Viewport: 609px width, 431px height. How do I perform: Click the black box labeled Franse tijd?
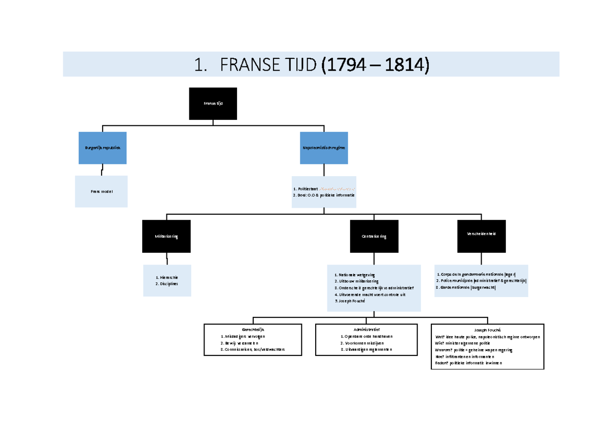coord(213,104)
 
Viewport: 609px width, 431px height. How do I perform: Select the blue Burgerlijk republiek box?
coord(103,148)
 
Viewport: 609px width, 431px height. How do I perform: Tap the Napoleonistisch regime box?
coord(324,148)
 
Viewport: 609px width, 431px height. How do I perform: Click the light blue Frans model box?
coord(101,191)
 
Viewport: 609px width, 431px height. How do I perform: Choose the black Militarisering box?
coord(166,237)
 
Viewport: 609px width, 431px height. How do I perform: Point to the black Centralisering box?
coord(374,237)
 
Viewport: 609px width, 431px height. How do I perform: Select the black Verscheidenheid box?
coord(481,234)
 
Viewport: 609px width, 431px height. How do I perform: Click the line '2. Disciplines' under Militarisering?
coord(166,284)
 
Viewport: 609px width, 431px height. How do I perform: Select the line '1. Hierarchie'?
coord(167,278)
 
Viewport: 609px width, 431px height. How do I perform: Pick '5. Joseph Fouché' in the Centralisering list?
coord(350,301)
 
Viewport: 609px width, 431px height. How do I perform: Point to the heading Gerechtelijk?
coord(253,329)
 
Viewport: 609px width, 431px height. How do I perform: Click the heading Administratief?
coord(366,329)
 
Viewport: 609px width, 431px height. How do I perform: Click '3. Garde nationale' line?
coord(466,287)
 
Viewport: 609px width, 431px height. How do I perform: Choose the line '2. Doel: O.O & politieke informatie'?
coord(324,195)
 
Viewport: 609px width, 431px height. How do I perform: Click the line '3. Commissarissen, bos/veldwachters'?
coord(253,350)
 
